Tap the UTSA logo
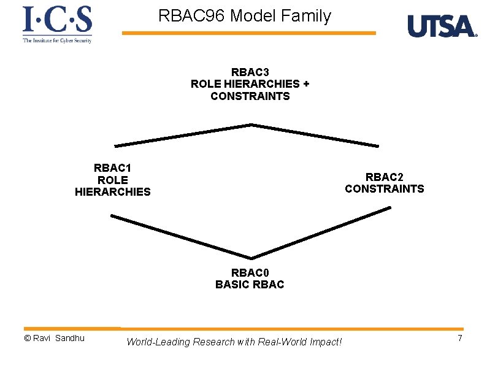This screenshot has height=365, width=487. point(442,26)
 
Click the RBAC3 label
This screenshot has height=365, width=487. point(250,72)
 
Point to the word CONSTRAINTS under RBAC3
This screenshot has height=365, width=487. point(250,96)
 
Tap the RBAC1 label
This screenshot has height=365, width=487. point(112,167)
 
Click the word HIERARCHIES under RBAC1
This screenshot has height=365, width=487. point(112,192)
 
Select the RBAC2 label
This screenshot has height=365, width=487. point(384,177)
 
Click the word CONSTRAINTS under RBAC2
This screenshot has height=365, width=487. point(384,189)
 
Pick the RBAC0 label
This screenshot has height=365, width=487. point(250,272)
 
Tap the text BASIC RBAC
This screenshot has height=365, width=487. point(250,285)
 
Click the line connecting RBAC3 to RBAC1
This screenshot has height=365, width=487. point(183,136)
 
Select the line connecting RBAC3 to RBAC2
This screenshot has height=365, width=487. point(316,135)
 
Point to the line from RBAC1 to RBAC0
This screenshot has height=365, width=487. point(181,237)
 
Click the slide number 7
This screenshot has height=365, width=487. point(459,339)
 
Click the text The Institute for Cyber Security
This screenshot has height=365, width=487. point(57,40)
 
